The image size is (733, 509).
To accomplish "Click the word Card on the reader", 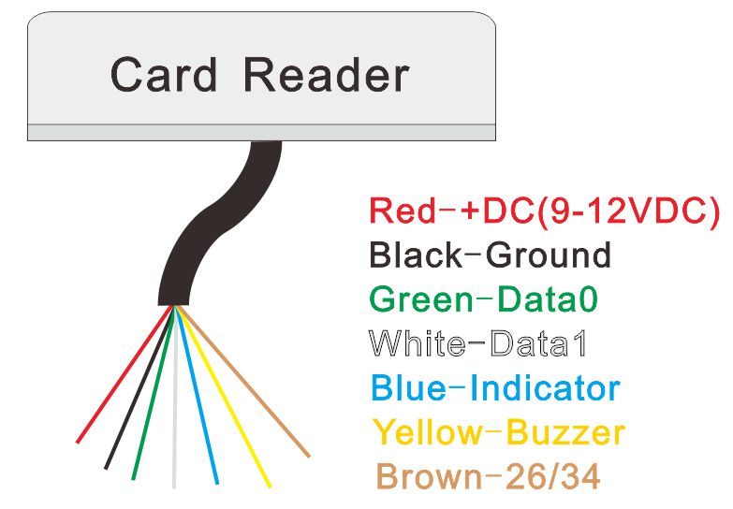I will pos(163,76).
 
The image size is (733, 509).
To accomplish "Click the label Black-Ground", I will pos(490,255).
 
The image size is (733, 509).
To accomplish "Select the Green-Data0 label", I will pos(483,300).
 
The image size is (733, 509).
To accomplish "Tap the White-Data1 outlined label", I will pos(478,344).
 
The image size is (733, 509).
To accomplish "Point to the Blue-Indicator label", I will pos(495,388).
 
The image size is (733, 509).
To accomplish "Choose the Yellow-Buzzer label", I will pos(498,433).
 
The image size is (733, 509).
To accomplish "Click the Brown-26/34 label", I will pos(487,478).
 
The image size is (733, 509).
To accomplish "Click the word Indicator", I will pos(551,388).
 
